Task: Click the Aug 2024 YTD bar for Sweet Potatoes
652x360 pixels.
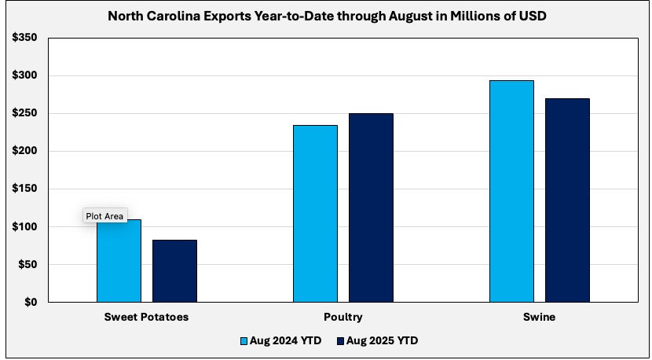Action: [119, 263]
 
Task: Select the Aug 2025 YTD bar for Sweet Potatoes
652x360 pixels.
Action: [174, 271]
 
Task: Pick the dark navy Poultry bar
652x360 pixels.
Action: [371, 208]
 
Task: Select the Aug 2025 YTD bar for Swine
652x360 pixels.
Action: [567, 200]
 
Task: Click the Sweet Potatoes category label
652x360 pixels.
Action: [146, 317]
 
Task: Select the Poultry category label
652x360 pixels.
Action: [342, 317]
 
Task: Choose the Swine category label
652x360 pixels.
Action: [539, 317]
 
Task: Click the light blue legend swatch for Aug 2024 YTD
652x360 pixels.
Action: [244, 341]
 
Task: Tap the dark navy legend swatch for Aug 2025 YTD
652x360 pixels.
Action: [340, 341]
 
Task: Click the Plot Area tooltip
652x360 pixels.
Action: [104, 216]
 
